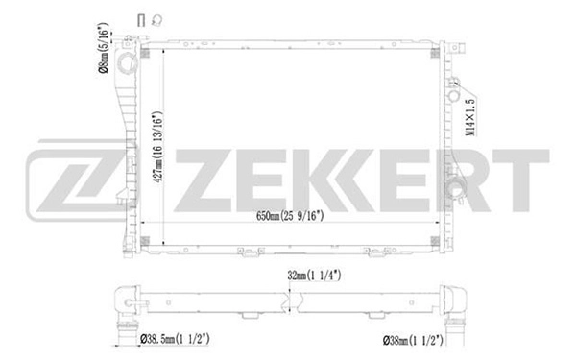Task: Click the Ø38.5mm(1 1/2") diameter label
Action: (x=179, y=339)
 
